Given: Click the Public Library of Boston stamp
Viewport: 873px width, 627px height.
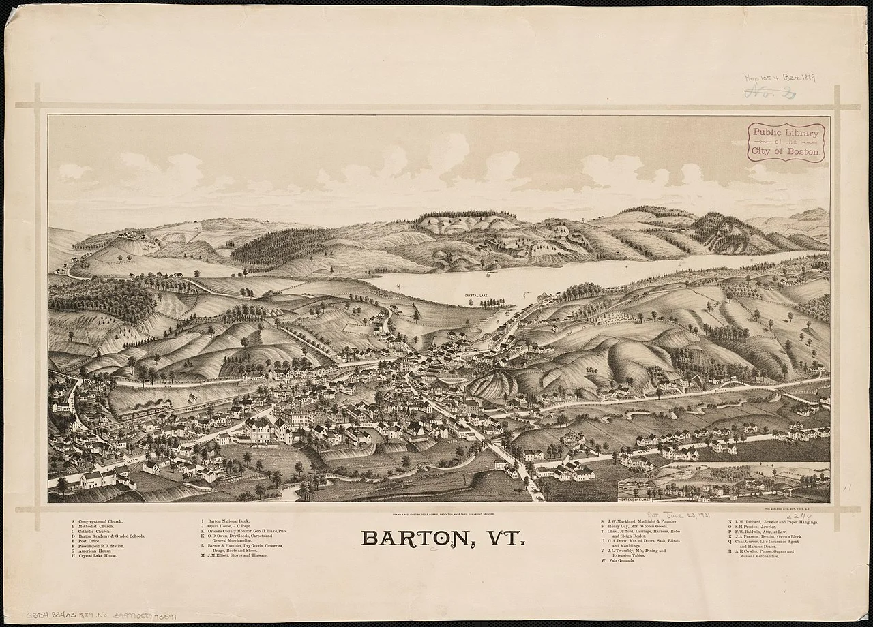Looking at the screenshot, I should pyautogui.click(x=785, y=142).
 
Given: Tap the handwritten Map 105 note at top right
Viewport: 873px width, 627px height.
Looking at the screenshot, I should pyautogui.click(x=778, y=79).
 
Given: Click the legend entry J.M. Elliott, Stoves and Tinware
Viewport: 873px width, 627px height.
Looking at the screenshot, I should pyautogui.click(x=236, y=555).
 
